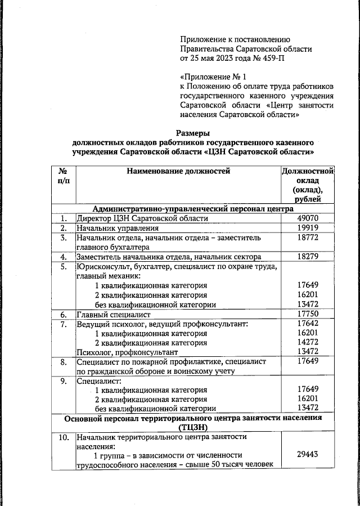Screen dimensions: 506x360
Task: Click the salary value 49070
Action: click(308, 218)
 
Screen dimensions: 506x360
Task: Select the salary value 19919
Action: click(308, 229)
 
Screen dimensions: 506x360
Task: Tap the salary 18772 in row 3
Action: click(308, 238)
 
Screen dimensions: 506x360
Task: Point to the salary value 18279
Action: click(308, 257)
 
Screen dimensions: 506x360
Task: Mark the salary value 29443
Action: click(308, 455)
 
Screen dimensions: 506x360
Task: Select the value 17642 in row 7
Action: click(308, 324)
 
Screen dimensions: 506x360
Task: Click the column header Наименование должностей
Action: click(178, 171)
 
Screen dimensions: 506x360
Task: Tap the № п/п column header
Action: click(64, 176)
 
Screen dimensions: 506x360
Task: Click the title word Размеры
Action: click(193, 133)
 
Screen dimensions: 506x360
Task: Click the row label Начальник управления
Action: click(118, 229)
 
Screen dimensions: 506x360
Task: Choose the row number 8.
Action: click(64, 362)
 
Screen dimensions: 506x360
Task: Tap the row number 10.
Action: click(64, 437)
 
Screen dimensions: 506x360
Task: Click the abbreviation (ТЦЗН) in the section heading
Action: click(193, 427)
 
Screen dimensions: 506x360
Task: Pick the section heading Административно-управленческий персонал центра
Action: click(193, 208)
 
